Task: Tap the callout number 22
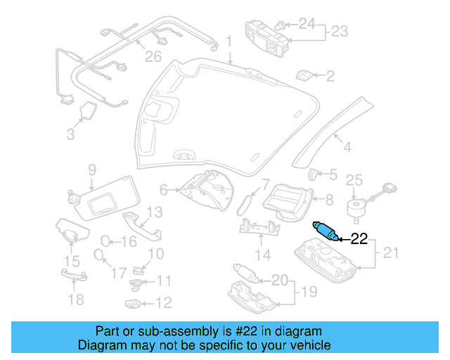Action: pyautogui.click(x=359, y=239)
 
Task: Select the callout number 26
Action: pyautogui.click(x=153, y=56)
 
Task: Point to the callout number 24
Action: pyautogui.click(x=307, y=24)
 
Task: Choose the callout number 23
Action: pyautogui.click(x=340, y=31)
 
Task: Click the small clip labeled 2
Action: pyautogui.click(x=304, y=75)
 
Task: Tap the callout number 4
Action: pyautogui.click(x=347, y=147)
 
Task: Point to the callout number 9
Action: pyautogui.click(x=91, y=169)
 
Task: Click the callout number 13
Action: pyautogui.click(x=154, y=211)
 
